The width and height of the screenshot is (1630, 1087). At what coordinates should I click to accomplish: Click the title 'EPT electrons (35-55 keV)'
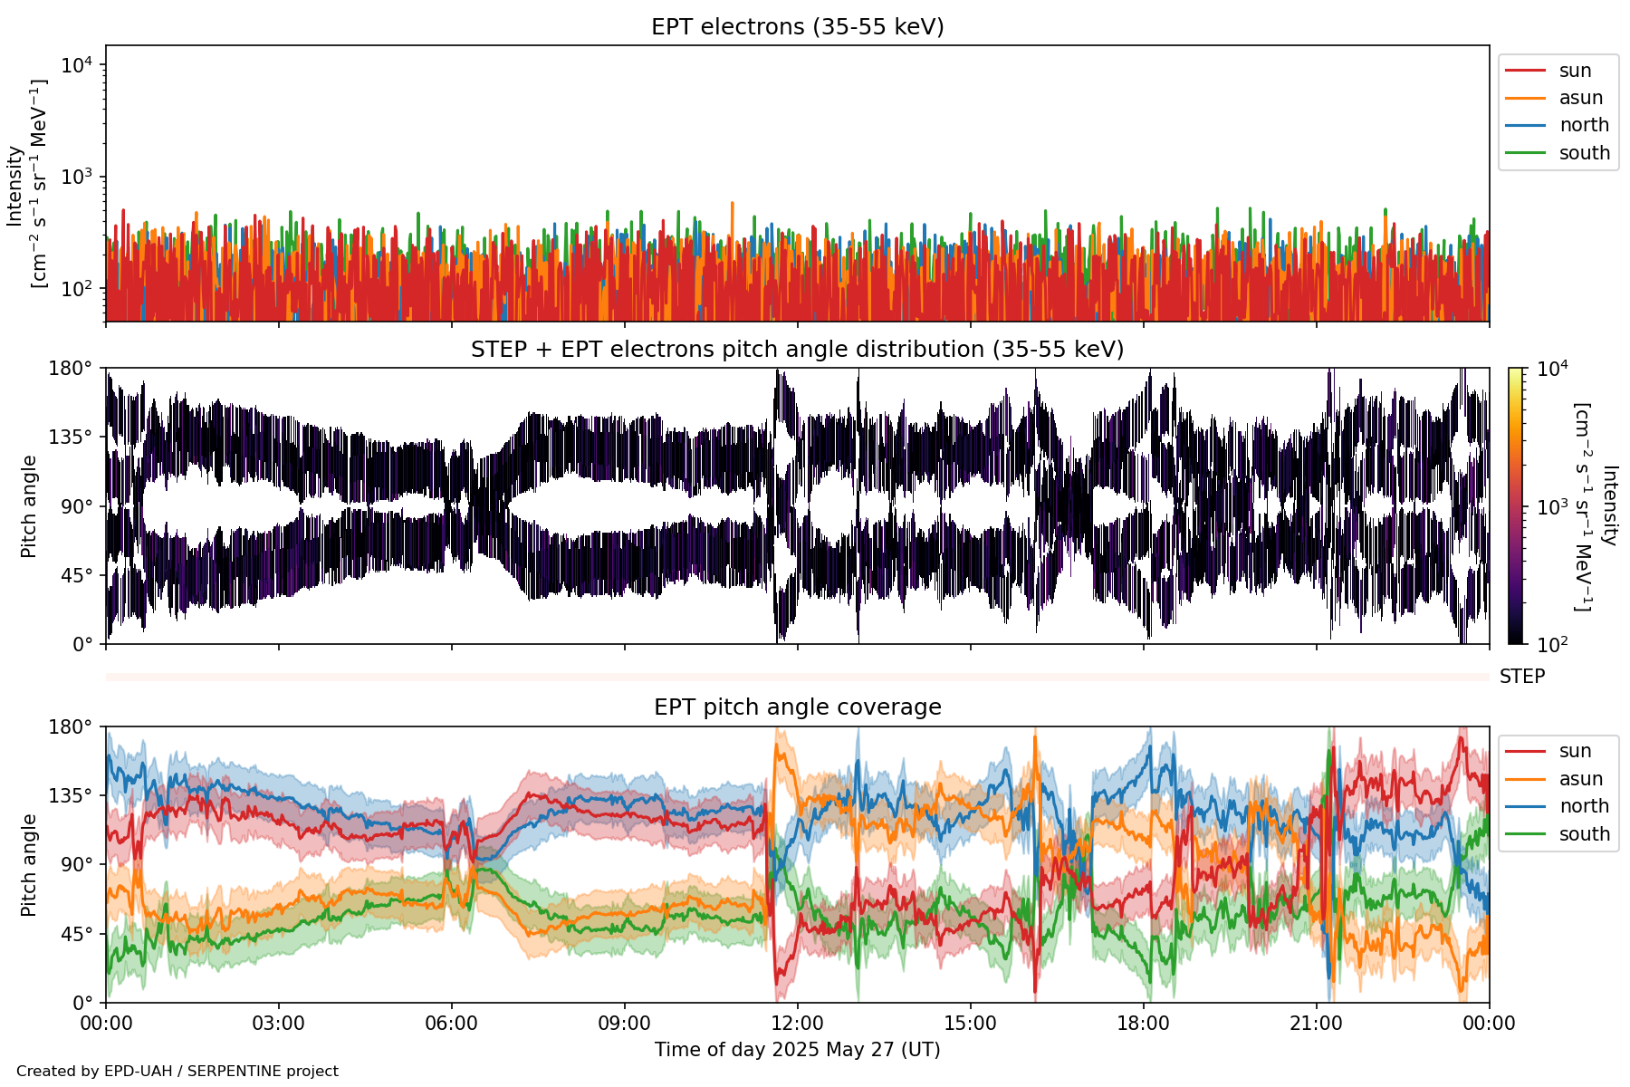(x=797, y=27)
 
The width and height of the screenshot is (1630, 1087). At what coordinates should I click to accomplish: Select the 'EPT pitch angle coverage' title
(x=797, y=707)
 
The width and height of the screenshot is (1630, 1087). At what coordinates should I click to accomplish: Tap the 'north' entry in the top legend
(x=1584, y=125)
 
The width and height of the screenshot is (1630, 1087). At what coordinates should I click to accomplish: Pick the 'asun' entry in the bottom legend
(x=1580, y=779)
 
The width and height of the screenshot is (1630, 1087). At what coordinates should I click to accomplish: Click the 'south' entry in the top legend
(x=1584, y=153)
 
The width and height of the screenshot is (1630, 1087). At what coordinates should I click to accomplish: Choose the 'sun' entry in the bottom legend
(x=1575, y=751)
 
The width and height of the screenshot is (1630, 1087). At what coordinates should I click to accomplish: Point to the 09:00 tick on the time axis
(x=624, y=1024)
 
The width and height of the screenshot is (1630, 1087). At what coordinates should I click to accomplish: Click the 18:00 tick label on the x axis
(x=1143, y=1024)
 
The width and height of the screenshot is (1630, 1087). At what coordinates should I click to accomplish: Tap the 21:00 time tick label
(x=1316, y=1024)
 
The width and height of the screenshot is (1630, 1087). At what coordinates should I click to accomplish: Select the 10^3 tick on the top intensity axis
(x=78, y=177)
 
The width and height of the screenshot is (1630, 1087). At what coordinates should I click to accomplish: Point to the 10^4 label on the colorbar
(x=1552, y=369)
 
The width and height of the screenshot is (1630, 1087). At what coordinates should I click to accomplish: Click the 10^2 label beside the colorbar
(x=1552, y=645)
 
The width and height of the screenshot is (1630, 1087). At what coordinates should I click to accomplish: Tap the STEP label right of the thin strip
(x=1521, y=677)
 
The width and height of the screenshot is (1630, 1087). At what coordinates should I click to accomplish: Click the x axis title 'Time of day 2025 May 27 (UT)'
(x=797, y=1050)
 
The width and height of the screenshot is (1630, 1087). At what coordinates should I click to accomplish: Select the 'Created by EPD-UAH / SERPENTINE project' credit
(x=177, y=1072)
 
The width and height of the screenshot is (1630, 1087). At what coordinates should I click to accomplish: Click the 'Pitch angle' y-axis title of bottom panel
(x=29, y=865)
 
